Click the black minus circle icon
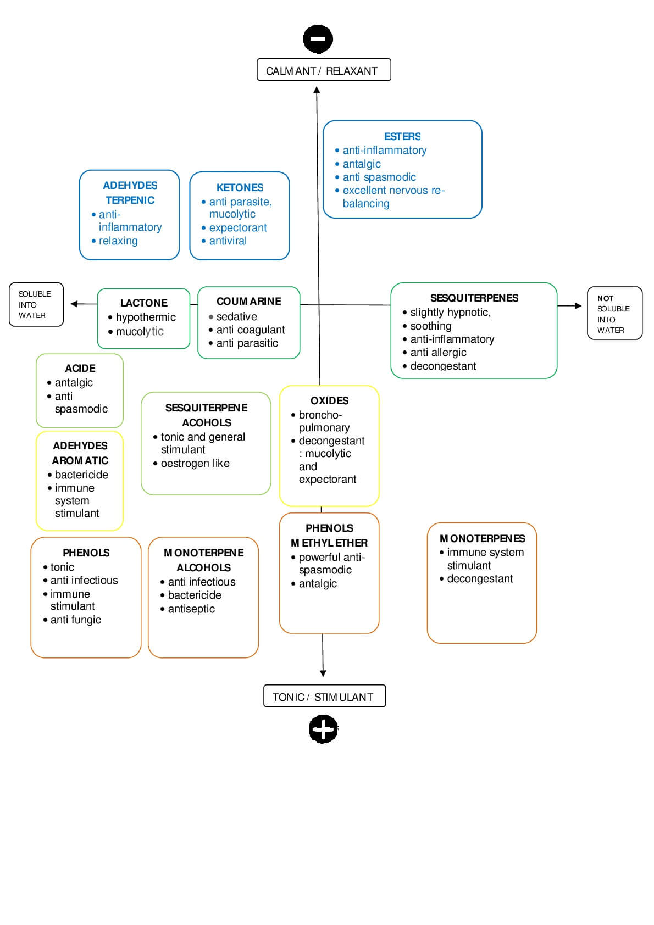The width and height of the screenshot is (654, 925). (x=318, y=39)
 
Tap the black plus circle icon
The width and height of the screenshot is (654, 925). (x=323, y=729)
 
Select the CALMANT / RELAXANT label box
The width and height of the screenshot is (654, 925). (x=324, y=70)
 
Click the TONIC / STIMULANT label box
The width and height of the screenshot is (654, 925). (x=324, y=696)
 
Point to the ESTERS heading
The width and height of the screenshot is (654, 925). (x=402, y=136)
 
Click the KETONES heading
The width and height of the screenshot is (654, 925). (x=240, y=187)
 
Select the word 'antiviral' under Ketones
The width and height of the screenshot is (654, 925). (x=228, y=241)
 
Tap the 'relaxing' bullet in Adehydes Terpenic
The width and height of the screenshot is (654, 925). (x=118, y=241)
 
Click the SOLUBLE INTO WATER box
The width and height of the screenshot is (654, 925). (x=36, y=304)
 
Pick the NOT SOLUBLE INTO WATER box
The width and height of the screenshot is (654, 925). (x=614, y=314)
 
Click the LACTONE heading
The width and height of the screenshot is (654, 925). (x=144, y=303)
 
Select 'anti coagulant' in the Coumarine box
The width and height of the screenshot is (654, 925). (x=251, y=330)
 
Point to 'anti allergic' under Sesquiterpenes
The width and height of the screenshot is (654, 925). (x=438, y=352)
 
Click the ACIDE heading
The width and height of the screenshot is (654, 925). (x=80, y=368)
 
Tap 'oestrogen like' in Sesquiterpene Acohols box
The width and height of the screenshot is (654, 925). (x=195, y=463)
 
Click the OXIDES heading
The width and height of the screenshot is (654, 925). (x=329, y=400)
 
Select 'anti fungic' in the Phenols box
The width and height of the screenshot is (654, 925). (x=76, y=620)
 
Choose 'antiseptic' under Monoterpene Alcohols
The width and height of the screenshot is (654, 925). (x=191, y=609)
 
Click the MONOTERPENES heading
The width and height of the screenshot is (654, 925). (x=482, y=538)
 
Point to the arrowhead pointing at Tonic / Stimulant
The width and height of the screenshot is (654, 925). (x=323, y=673)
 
